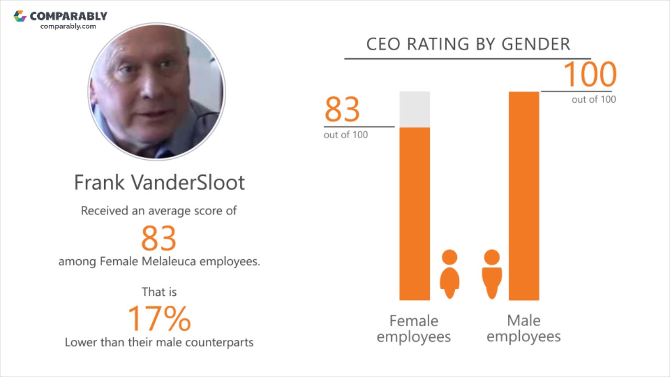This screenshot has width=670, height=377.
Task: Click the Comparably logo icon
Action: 20,16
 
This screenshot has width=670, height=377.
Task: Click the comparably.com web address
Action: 68,26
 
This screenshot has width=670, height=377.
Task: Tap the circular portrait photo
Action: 157,91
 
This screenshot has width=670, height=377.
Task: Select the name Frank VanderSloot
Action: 159,182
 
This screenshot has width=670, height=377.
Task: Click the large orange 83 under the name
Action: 159,238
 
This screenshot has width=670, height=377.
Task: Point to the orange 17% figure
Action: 159,318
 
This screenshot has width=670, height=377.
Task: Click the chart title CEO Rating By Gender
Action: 468,44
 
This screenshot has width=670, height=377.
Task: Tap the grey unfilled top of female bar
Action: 415,109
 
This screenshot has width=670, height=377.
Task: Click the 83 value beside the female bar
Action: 342,109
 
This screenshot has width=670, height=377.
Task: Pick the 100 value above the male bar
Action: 590,75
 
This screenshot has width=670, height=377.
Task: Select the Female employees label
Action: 414,328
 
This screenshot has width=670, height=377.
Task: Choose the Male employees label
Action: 523,328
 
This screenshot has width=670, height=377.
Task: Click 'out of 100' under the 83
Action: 345,135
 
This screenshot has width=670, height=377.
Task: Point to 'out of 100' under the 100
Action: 594,99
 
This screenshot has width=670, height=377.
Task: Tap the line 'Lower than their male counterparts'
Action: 159,342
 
